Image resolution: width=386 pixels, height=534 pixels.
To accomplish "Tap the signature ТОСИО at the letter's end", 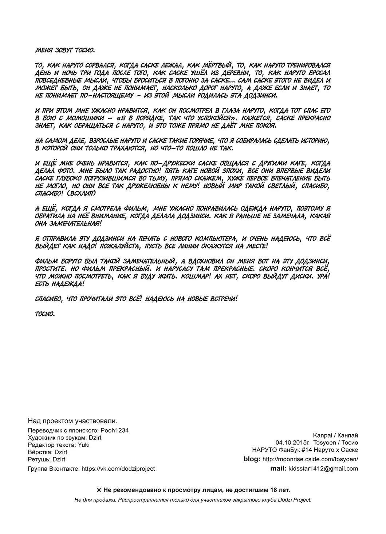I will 45,313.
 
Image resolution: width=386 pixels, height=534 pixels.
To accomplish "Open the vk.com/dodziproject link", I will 118,469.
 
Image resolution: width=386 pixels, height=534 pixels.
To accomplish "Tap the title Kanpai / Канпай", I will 335,435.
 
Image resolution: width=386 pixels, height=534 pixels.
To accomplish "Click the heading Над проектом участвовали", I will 73,421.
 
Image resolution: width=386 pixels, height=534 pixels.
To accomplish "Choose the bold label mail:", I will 278,469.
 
